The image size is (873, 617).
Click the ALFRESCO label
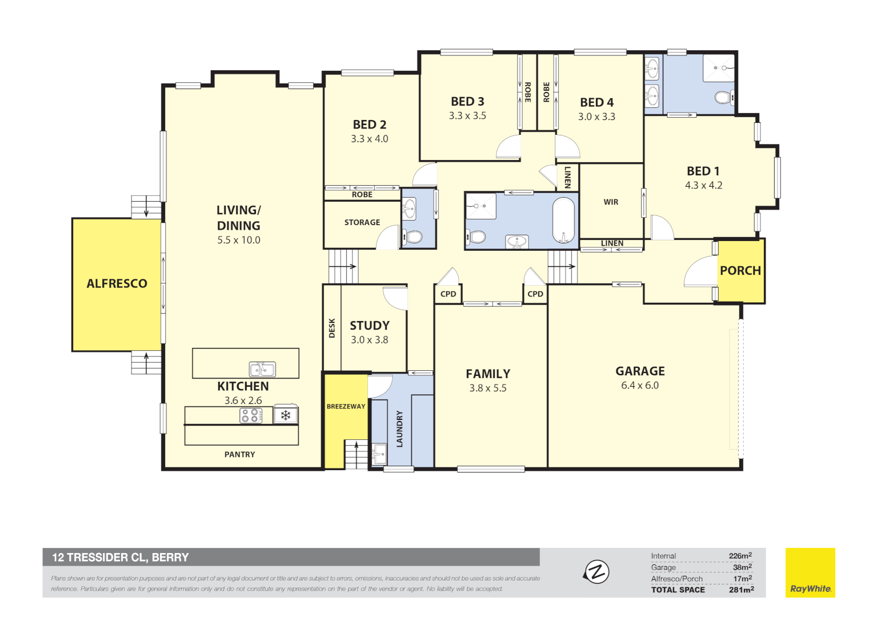[117, 283]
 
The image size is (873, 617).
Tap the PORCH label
[740, 271]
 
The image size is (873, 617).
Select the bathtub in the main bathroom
[563, 221]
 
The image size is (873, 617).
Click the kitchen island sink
[262, 368]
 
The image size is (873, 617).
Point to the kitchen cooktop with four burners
[250, 415]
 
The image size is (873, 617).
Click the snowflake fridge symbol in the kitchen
[286, 415]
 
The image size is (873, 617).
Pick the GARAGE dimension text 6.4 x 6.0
[639, 386]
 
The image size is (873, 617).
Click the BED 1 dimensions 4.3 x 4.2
[703, 186]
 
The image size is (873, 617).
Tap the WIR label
[611, 202]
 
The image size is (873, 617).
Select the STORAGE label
[362, 223]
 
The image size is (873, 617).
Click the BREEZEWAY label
[346, 407]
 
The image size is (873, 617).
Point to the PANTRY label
[239, 455]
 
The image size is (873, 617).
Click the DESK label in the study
[332, 328]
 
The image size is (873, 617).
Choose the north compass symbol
[596, 571]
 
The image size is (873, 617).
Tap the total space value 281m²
[741, 590]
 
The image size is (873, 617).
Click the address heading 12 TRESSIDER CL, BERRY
[121, 558]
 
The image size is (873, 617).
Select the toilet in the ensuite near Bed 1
[723, 98]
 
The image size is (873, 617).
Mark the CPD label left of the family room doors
[448, 294]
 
